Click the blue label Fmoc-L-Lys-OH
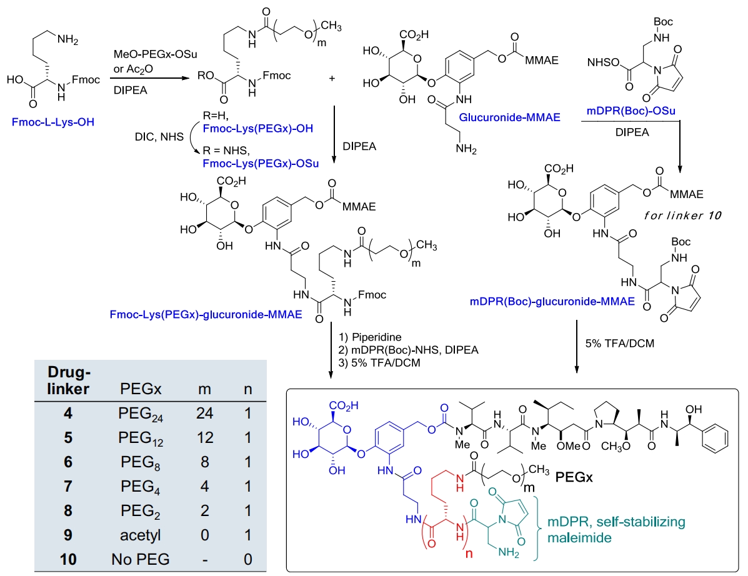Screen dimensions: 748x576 pos(53,122)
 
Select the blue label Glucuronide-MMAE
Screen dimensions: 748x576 pos(509,117)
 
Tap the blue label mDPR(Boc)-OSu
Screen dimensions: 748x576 pos(631,111)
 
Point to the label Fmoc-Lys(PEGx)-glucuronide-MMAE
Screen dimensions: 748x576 pos(206,315)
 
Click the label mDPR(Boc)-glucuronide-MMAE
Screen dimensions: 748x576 pos(552,301)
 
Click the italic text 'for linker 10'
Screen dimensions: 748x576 pos(682,216)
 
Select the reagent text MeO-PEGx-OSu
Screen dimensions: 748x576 pos(155,54)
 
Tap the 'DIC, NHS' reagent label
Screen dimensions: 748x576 pos(159,137)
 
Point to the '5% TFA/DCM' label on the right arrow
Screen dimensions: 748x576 pos(620,344)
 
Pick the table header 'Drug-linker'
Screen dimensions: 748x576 pos(68,380)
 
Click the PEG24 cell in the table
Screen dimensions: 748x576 pos(141,414)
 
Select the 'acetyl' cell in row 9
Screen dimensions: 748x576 pos(140,535)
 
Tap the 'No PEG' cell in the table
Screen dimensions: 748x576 pos(140,559)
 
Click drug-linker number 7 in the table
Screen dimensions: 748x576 pos(68,487)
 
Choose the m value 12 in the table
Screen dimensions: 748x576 pos(204,438)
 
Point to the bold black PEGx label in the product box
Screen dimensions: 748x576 pos(574,477)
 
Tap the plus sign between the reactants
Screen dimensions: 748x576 pos(332,78)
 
